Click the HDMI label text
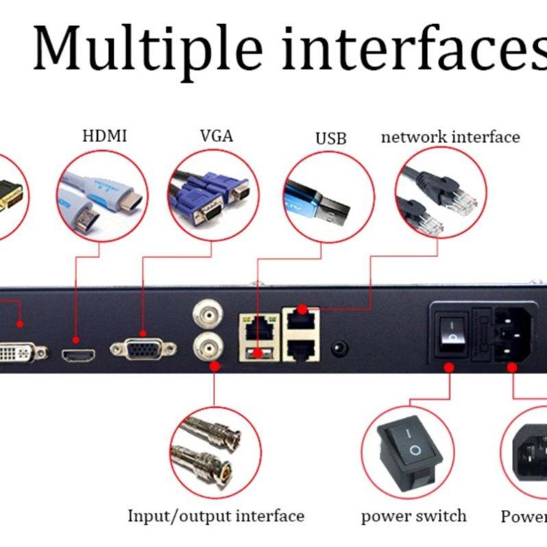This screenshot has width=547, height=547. pyautogui.click(x=105, y=136)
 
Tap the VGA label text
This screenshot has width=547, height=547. pyautogui.click(x=217, y=136)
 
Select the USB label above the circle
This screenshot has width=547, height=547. pyautogui.click(x=331, y=138)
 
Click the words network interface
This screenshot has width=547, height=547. pyautogui.click(x=450, y=137)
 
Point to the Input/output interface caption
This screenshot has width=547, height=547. pyautogui.click(x=216, y=515)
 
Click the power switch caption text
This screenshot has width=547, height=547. pyautogui.click(x=413, y=515)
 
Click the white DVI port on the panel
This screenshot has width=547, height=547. pyautogui.click(x=21, y=352)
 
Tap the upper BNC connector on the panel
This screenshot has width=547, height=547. pyautogui.click(x=206, y=315)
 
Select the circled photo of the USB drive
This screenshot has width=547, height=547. pyautogui.click(x=328, y=196)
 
